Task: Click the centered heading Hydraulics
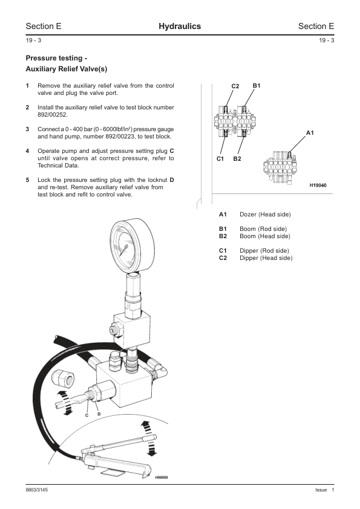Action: (180, 26)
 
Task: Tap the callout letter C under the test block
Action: (87, 415)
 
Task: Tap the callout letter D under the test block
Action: (99, 414)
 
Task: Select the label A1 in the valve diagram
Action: (310, 133)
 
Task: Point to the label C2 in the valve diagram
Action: (235, 86)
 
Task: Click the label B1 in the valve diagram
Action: (257, 86)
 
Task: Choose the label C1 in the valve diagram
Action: (220, 159)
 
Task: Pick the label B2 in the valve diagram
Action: (237, 159)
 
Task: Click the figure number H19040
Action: (318, 186)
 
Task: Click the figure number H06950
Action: (162, 478)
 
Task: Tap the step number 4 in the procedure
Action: (27, 151)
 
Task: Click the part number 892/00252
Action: (53, 115)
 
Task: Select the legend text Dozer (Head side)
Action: (265, 214)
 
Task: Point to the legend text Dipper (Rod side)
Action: (264, 251)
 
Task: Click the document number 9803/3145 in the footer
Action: (37, 490)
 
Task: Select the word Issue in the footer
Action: (321, 490)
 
